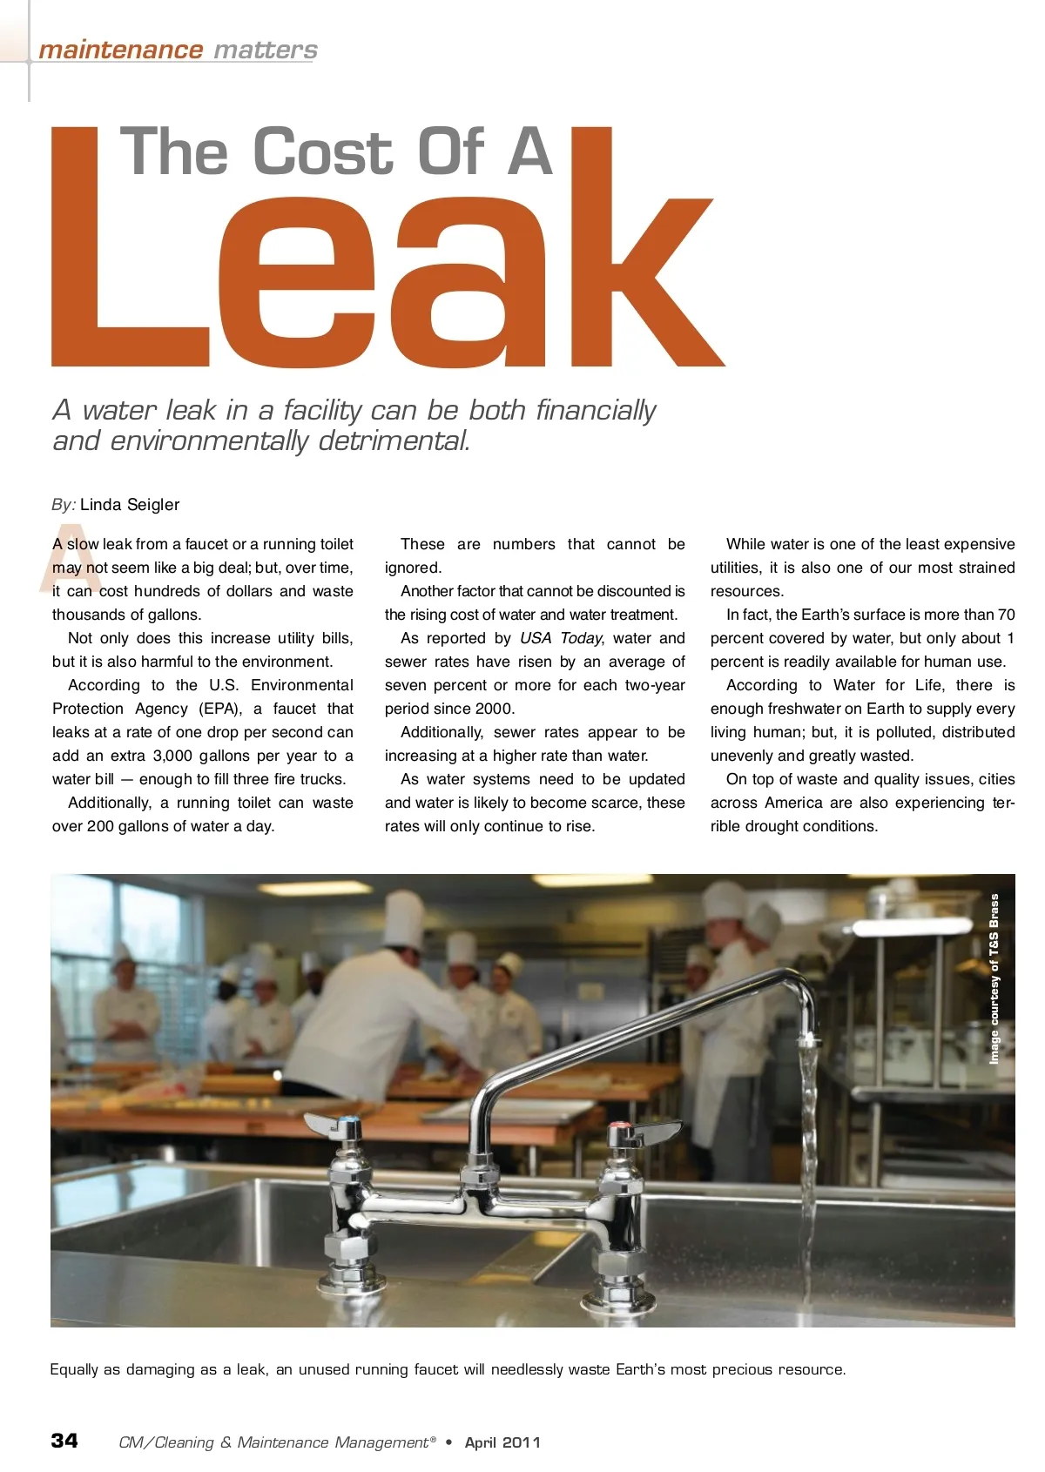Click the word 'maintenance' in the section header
tap(120, 50)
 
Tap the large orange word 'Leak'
tap(388, 261)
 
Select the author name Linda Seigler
tap(130, 505)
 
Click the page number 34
tap(64, 1441)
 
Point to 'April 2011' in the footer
tap(502, 1442)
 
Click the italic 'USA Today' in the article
tap(561, 638)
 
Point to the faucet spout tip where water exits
tap(809, 1040)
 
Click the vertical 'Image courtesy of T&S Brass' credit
tap(994, 978)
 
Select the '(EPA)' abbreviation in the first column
tap(220, 709)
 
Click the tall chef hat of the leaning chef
tap(404, 921)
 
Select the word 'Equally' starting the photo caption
tap(74, 1369)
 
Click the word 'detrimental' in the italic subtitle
tap(394, 441)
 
